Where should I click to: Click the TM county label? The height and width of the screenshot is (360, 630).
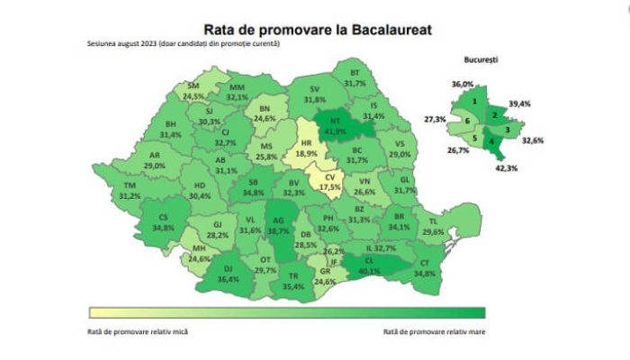[x=130, y=185]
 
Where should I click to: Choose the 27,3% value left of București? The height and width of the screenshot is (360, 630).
[x=435, y=119]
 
